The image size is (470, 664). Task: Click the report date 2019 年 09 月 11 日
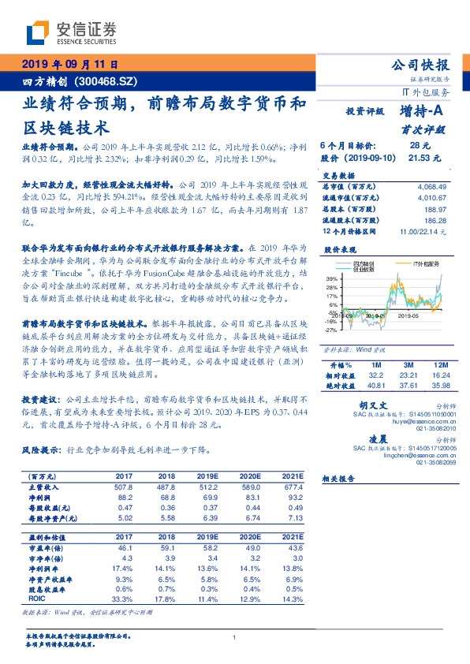69,65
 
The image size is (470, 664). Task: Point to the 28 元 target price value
419,147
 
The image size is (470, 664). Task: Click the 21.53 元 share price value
417,159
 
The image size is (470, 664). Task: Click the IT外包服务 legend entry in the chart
426,263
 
